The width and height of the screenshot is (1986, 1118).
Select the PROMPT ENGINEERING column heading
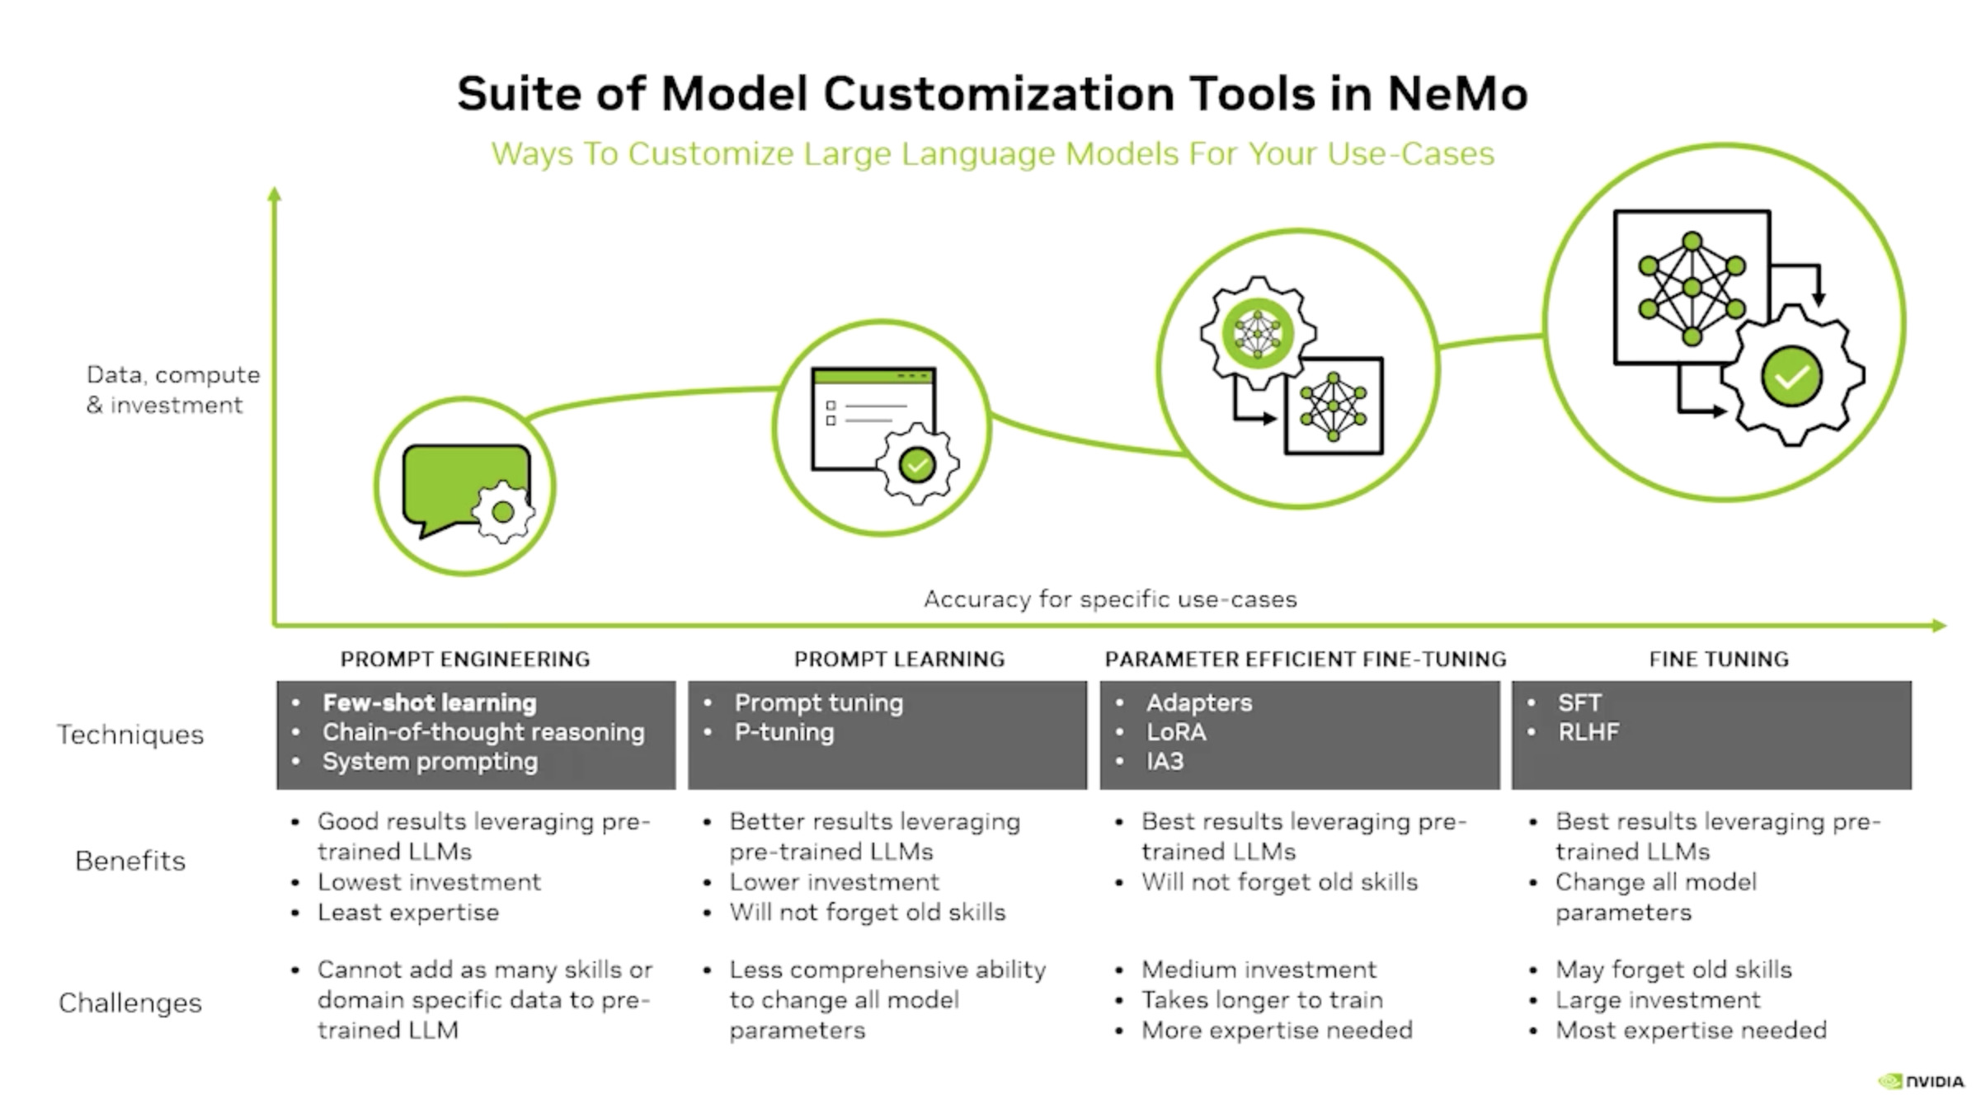coord(465,659)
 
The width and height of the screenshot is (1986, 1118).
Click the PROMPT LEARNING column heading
coord(899,659)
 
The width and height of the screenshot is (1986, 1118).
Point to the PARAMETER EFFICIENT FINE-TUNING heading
coord(1305,659)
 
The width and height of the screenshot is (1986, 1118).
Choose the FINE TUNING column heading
coord(1719,659)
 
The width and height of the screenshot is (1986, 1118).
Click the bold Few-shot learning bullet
coord(429,702)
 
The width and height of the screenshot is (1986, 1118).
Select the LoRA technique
coord(1176,732)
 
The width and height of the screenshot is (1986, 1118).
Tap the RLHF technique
coord(1588,732)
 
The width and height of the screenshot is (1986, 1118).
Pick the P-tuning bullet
coord(784,732)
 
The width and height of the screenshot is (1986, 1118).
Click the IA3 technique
coord(1165,761)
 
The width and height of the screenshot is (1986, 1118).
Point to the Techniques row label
coord(130,735)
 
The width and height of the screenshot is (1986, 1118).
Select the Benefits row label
coord(130,861)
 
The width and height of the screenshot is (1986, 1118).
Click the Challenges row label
coord(130,1003)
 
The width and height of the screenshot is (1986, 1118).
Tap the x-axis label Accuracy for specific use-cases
coord(1110,599)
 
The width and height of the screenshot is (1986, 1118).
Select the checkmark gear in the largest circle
coord(1791,377)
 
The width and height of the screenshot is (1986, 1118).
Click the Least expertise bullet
coord(408,913)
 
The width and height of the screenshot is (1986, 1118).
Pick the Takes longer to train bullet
coord(1262,1000)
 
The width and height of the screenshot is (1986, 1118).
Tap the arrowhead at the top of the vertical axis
coord(275,194)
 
